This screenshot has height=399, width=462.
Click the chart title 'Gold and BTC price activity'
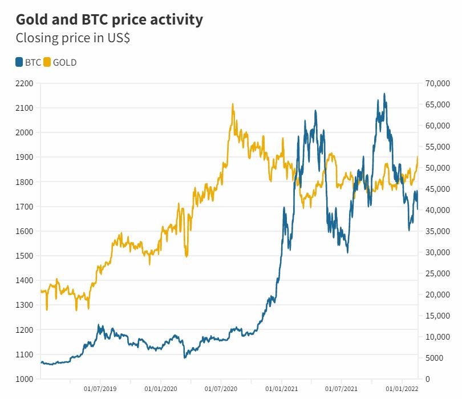pyautogui.click(x=108, y=19)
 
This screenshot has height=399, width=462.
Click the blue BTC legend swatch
pyautogui.click(x=19, y=62)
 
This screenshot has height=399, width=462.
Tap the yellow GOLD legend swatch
pyautogui.click(x=47, y=62)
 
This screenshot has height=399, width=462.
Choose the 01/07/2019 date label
pyautogui.click(x=100, y=389)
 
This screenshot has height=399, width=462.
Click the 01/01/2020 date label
pyautogui.click(x=160, y=389)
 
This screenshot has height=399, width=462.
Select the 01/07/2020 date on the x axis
pyautogui.click(x=221, y=389)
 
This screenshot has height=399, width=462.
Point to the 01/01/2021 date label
pyautogui.click(x=281, y=389)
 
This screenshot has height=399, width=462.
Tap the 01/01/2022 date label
pyautogui.click(x=402, y=389)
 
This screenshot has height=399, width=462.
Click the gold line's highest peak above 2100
pyautogui.click(x=233, y=104)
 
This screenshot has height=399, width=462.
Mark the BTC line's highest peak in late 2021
pyautogui.click(x=384, y=94)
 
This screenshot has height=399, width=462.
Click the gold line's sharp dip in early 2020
pyautogui.click(x=187, y=256)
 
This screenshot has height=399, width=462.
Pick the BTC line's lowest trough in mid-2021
pyautogui.click(x=347, y=252)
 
